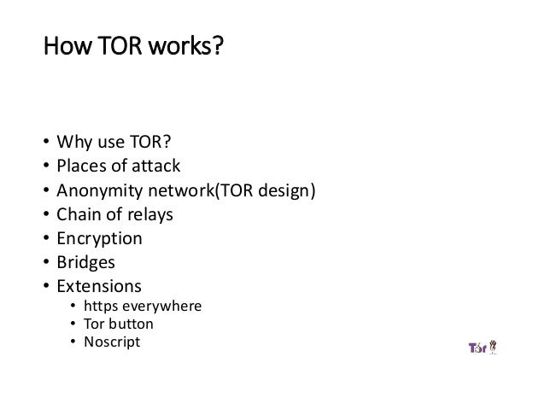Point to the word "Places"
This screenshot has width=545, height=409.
[79, 165]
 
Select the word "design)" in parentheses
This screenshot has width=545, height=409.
[288, 190]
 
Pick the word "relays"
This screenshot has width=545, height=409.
[149, 214]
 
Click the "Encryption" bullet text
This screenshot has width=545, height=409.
[98, 239]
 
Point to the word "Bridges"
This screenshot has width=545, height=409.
[84, 263]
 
